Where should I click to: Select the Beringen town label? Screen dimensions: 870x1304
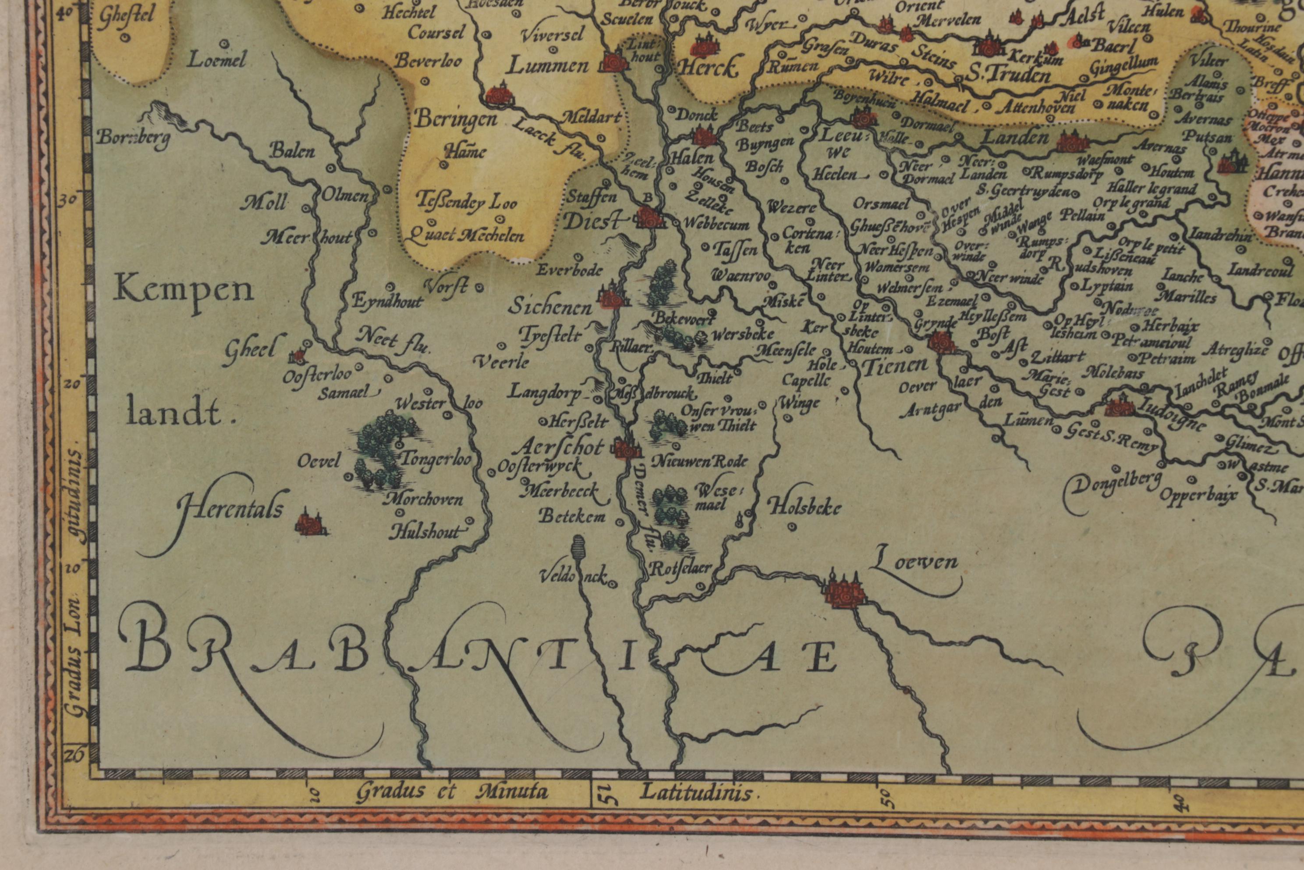point(456,119)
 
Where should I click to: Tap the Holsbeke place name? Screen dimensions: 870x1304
point(804,506)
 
